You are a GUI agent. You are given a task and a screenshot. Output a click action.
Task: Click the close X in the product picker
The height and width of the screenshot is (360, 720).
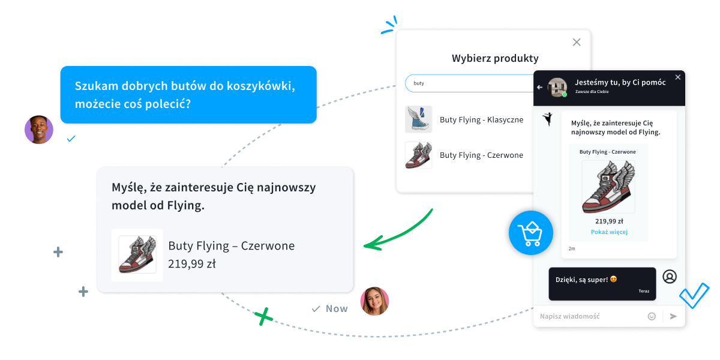pyautogui.click(x=577, y=42)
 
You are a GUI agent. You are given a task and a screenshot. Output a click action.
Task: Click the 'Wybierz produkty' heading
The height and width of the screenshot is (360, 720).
pyautogui.click(x=495, y=58)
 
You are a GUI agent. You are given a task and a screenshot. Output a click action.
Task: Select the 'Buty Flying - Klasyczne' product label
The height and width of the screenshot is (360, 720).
pyautogui.click(x=481, y=119)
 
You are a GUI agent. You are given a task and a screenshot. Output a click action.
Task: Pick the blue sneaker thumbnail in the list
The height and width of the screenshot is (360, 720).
pyautogui.click(x=418, y=119)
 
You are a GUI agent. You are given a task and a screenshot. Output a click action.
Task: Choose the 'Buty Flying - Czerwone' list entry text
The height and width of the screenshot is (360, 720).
pyautogui.click(x=481, y=155)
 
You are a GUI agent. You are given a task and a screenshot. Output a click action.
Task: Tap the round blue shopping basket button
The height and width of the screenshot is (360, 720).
pyautogui.click(x=530, y=233)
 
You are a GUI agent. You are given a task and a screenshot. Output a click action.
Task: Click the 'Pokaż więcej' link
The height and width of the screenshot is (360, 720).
pyautogui.click(x=609, y=232)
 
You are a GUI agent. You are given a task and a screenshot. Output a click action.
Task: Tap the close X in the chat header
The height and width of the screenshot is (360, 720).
pyautogui.click(x=678, y=77)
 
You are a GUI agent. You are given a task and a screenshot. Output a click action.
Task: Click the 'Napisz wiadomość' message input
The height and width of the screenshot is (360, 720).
pyautogui.click(x=588, y=316)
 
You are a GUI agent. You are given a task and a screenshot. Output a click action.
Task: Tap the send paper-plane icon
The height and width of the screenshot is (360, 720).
pyautogui.click(x=673, y=316)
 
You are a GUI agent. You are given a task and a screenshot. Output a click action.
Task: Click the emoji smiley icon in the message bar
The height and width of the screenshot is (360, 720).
pyautogui.click(x=652, y=316)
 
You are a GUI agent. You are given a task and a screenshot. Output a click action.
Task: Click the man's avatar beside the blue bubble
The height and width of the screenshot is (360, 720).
pyautogui.click(x=39, y=130)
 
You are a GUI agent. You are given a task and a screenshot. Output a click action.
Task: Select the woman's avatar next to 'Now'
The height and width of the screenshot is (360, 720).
pyautogui.click(x=374, y=301)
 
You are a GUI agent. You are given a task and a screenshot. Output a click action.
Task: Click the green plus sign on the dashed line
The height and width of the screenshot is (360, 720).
pyautogui.click(x=262, y=316)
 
